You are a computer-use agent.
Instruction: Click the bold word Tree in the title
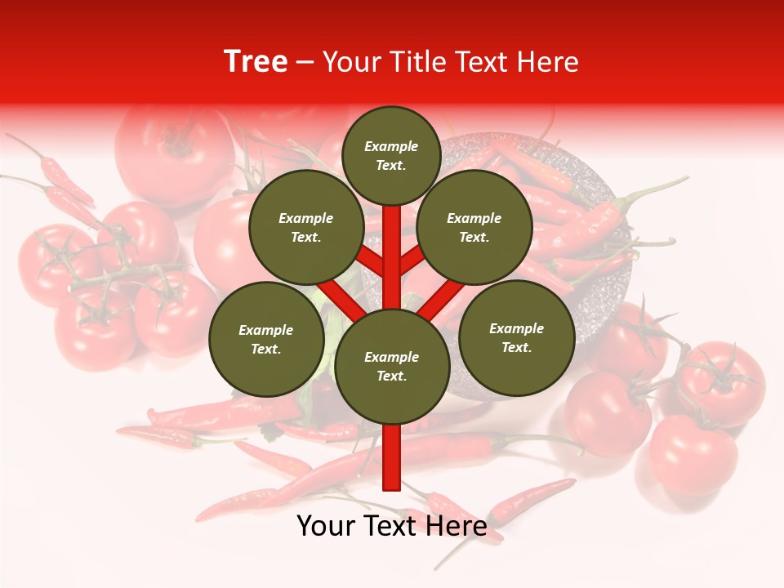(256, 62)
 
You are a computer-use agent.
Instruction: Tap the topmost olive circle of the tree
(391, 155)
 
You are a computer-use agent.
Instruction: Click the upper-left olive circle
(306, 227)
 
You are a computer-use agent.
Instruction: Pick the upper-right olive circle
(474, 227)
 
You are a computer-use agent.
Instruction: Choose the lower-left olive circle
(266, 339)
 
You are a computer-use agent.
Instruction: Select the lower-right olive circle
(516, 337)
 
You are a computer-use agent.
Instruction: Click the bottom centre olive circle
(392, 366)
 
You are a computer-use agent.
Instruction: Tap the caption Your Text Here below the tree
(392, 526)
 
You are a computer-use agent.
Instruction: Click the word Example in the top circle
(391, 146)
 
